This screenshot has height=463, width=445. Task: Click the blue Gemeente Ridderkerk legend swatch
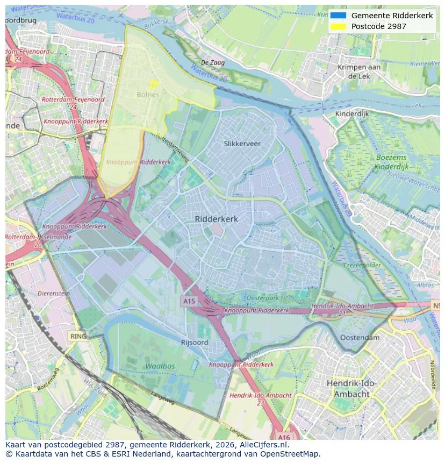338,16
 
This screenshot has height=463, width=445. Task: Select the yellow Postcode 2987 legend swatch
338,26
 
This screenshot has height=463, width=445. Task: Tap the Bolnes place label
148,95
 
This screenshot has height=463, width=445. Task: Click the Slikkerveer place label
242,144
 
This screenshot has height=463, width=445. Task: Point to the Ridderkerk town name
216,219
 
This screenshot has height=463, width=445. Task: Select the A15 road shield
189,302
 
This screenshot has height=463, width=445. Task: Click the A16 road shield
284,437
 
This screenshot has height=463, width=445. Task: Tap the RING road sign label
78,336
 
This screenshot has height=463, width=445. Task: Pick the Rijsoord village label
195,343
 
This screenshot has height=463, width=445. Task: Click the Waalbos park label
160,366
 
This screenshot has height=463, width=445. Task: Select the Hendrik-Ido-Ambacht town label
352,388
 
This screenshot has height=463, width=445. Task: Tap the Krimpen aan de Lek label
359,72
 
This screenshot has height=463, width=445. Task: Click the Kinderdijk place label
352,114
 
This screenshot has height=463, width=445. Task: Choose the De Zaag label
213,63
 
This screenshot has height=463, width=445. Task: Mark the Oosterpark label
262,298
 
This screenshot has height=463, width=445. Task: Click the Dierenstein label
54,294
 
